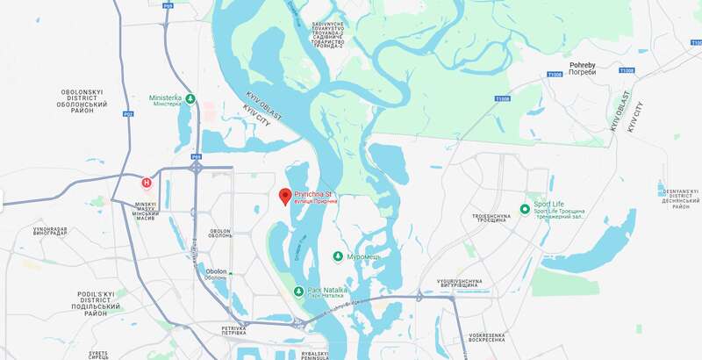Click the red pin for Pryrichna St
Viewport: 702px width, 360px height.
pos(284,196)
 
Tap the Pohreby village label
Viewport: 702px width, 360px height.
pos(583,68)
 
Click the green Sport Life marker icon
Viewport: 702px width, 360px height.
pos(525,208)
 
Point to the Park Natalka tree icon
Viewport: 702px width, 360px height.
pos(298,292)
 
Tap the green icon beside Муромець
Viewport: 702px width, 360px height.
pos(338,256)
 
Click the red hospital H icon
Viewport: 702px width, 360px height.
pos(147,184)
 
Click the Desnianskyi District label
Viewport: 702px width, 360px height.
pos(680,198)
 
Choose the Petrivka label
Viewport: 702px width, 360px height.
pos(233,330)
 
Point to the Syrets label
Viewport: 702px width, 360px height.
pos(98,354)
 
